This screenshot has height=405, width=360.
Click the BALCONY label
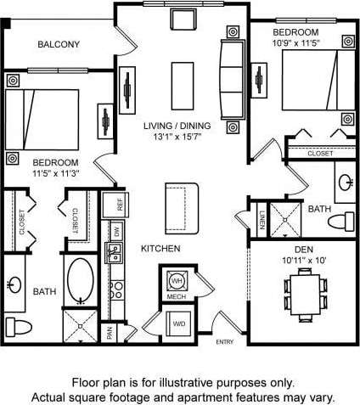[59, 44]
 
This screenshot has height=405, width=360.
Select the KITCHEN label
[160, 249]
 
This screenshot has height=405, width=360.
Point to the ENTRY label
[225, 342]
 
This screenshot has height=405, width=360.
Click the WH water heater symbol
[177, 281]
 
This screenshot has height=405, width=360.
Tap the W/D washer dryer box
[179, 323]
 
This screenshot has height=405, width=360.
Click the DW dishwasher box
[115, 231]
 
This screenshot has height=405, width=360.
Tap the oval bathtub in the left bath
[82, 281]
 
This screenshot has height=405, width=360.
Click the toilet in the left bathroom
[17, 326]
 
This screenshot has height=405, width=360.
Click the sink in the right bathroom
[346, 182]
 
